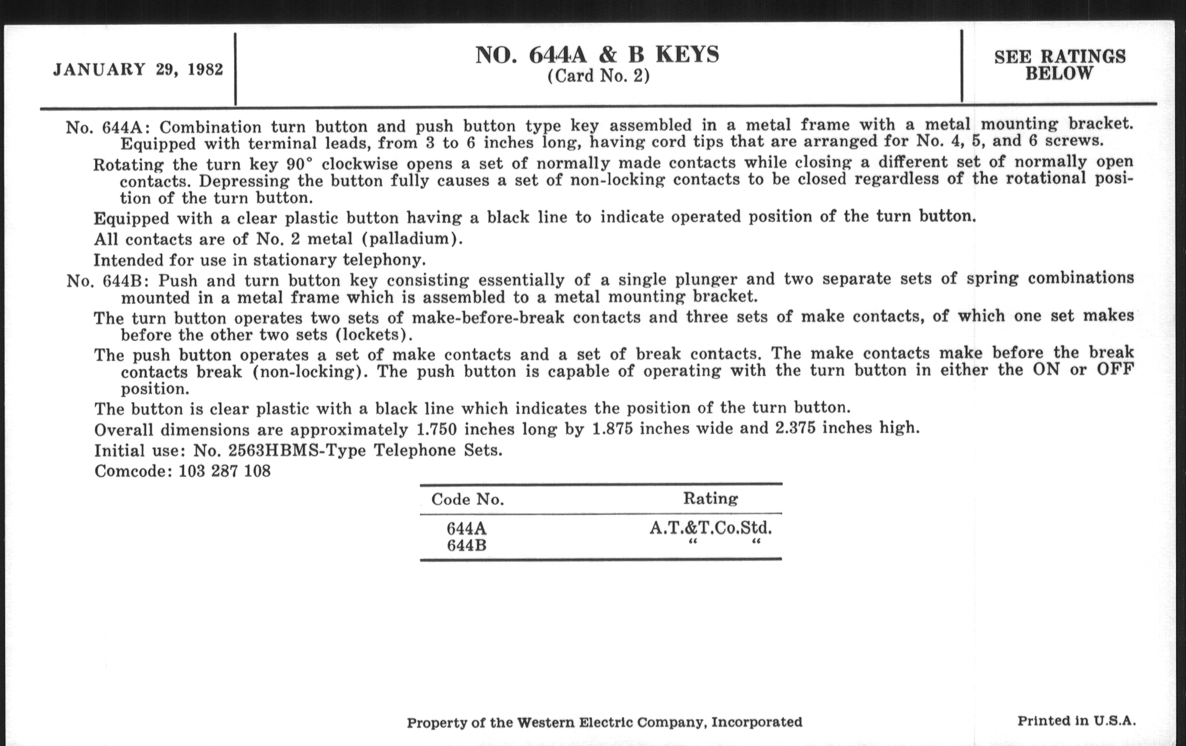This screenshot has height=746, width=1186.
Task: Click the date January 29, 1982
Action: pos(138,69)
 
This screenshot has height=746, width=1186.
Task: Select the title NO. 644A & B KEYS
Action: pos(597,55)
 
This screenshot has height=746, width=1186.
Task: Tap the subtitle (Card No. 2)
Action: pos(598,77)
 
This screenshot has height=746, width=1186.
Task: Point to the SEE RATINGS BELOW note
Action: pos(1059,65)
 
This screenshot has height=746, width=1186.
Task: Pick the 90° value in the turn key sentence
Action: pos(299,163)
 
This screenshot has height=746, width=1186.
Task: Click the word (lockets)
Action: pos(374,335)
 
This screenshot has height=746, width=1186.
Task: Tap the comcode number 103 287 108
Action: pos(225,471)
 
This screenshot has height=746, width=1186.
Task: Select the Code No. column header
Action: pos(467,500)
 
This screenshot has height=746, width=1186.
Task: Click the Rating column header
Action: pos(710,499)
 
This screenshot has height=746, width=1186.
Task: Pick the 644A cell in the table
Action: pos(466,529)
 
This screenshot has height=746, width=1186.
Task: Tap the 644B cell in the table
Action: pos(466,546)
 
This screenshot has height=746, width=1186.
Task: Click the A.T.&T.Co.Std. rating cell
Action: pos(710,528)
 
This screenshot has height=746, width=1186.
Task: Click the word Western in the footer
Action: pos(545,723)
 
